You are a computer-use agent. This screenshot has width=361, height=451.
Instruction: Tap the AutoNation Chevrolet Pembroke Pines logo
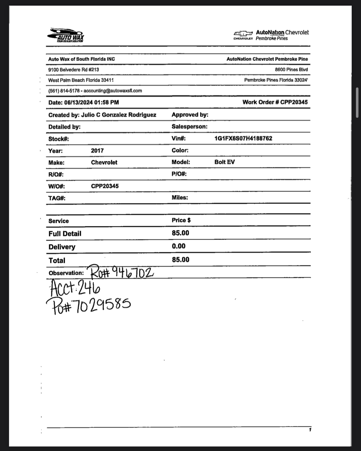pyautogui.click(x=271, y=35)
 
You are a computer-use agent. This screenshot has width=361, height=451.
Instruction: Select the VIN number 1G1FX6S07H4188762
pyautogui.click(x=243, y=138)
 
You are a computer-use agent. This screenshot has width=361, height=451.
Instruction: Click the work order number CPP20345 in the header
pyautogui.click(x=294, y=102)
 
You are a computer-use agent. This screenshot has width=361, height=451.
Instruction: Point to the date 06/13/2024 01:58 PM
pyautogui.click(x=91, y=102)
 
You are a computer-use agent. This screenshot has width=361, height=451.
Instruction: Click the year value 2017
pyautogui.click(x=97, y=151)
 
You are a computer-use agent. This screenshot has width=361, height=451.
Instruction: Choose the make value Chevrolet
pyautogui.click(x=104, y=163)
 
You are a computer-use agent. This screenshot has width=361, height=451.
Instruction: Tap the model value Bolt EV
pyautogui.click(x=224, y=162)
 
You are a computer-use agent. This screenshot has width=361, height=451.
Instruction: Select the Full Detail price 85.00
pyautogui.click(x=180, y=233)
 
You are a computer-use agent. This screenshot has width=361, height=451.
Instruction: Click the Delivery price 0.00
pyautogui.click(x=179, y=246)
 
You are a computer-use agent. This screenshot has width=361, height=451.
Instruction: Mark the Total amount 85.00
pyautogui.click(x=180, y=260)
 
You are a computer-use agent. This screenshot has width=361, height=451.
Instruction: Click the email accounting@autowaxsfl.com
pyautogui.click(x=113, y=91)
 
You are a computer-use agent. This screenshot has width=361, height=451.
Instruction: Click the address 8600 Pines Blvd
pyautogui.click(x=291, y=69)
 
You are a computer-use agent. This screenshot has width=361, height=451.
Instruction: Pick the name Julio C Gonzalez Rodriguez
pyautogui.click(x=118, y=115)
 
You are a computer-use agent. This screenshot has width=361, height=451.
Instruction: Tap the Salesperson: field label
pyautogui.click(x=189, y=127)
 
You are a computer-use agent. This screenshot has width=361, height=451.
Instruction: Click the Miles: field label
pyautogui.click(x=180, y=198)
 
